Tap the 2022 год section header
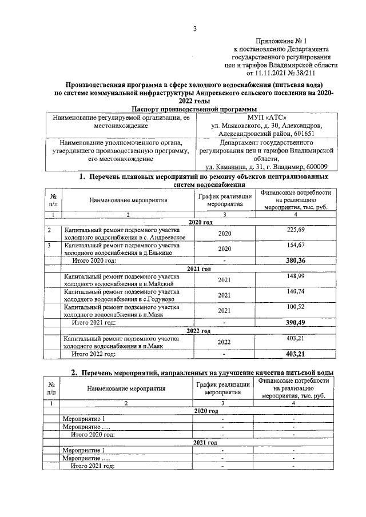(x=198, y=331)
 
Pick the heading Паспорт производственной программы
(x=194, y=108)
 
